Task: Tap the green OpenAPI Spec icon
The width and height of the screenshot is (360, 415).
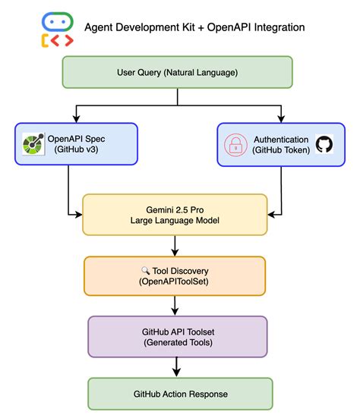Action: pos(33,144)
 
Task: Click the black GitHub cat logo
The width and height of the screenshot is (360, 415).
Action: pos(323,145)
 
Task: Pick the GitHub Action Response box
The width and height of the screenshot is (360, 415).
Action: pos(179,395)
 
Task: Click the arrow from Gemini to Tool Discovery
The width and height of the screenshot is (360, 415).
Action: pos(175,246)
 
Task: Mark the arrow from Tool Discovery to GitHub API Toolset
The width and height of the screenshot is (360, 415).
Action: pos(175,305)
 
